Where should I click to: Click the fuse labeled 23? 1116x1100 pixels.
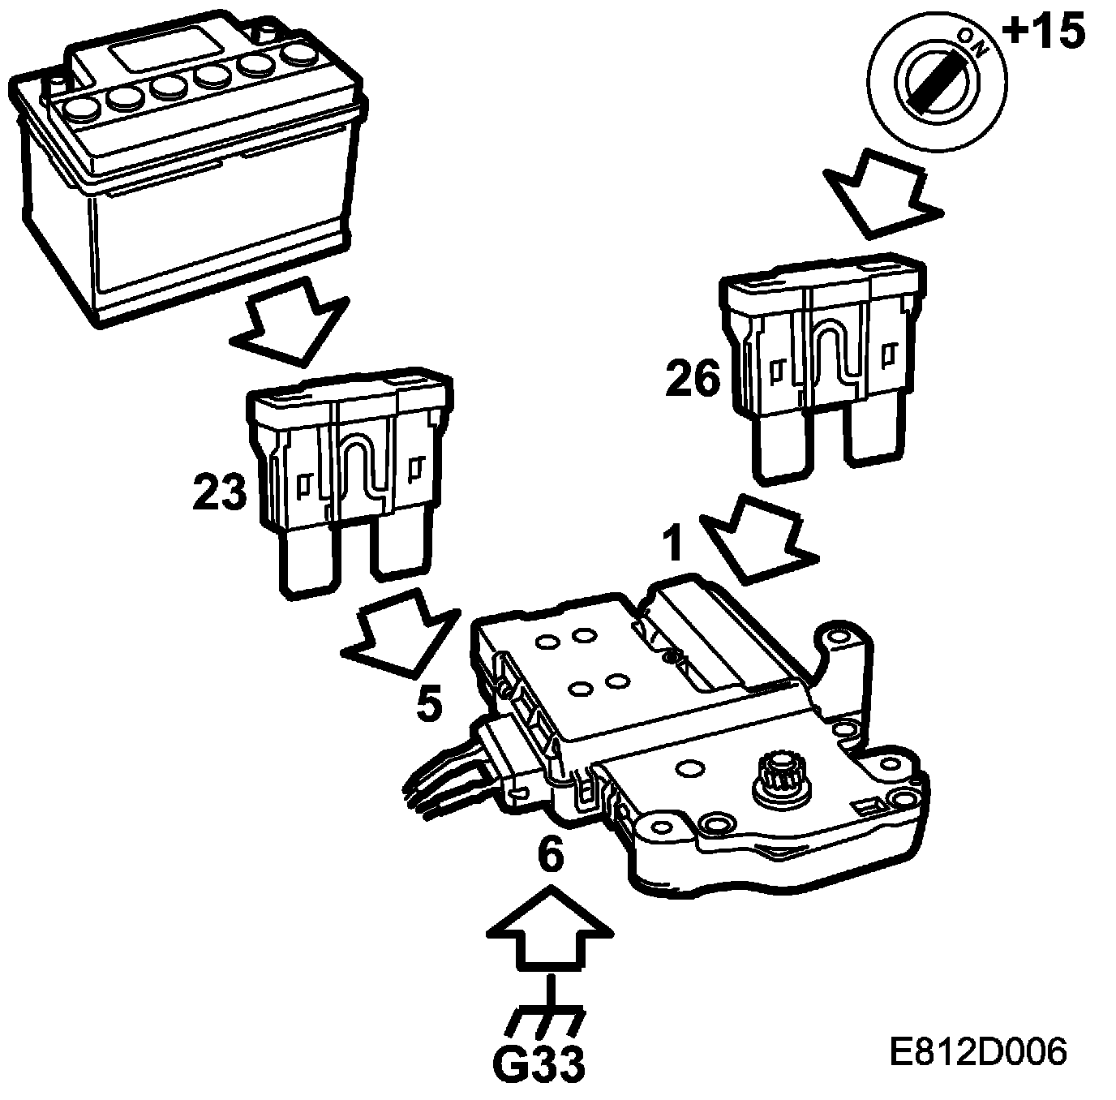coord(349,479)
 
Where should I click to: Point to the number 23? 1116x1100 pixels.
coord(219,492)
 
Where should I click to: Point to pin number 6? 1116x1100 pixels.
coord(551,855)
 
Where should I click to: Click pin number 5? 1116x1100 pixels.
coord(429,703)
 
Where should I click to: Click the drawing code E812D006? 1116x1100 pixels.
coord(976,1052)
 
